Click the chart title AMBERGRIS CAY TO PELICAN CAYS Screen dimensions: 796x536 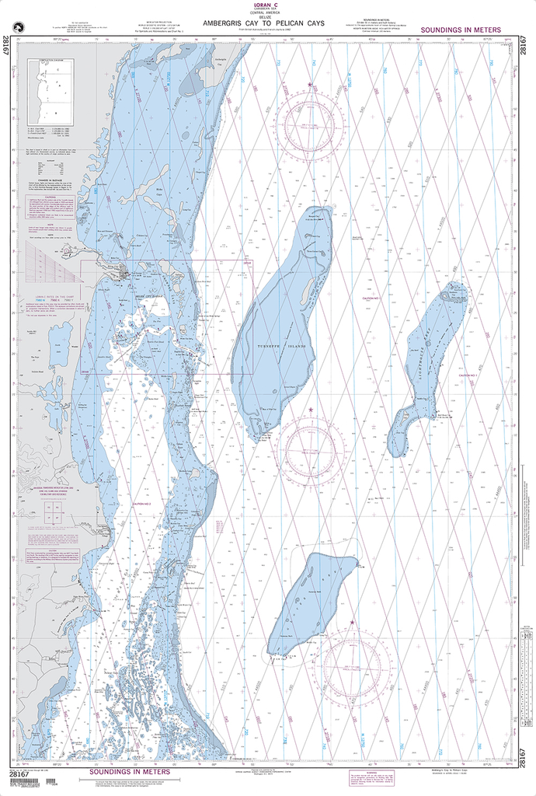(263, 23)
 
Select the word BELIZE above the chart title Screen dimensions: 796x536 (263, 17)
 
